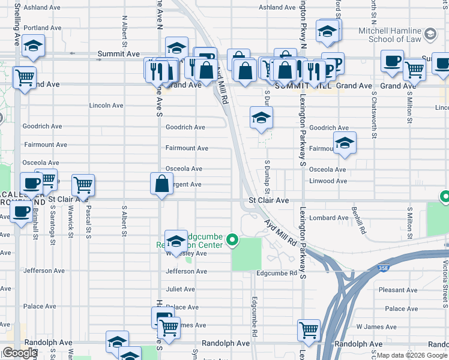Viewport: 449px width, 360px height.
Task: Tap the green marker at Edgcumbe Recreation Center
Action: [231, 242]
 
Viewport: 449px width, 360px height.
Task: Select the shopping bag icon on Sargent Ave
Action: [162, 183]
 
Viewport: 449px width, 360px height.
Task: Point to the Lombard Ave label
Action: [330, 218]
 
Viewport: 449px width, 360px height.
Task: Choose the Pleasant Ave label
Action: [399, 290]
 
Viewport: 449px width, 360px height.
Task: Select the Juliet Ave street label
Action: [181, 289]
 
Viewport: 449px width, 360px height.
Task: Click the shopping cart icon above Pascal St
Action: [83, 184]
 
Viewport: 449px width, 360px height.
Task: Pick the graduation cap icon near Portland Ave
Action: [34, 46]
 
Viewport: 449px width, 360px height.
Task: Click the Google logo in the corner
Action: [20, 353]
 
